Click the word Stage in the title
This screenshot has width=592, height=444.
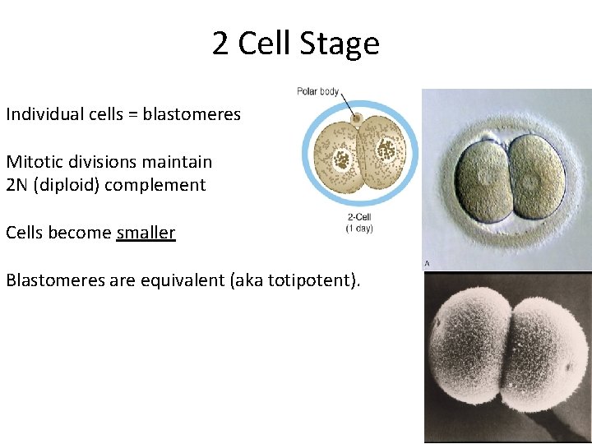[340, 44]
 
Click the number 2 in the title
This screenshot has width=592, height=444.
[220, 44]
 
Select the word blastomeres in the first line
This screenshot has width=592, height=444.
[192, 114]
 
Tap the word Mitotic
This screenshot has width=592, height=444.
[33, 162]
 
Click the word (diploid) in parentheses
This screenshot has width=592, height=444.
[69, 185]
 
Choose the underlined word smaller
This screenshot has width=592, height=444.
[146, 233]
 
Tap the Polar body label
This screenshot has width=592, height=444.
[318, 91]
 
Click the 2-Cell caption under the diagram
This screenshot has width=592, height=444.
[359, 218]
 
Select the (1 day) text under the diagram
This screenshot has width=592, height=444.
[359, 229]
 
